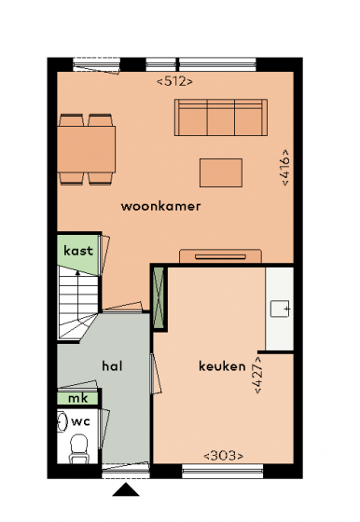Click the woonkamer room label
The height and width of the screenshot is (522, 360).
point(160,206)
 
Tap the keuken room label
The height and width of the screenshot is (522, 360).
point(222,366)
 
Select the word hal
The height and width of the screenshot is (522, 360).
point(112,366)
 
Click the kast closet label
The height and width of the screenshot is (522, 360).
point(78,251)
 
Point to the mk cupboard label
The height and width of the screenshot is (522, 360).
point(78,398)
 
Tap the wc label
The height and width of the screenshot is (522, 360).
point(80,421)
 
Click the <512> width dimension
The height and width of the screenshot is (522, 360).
point(174,81)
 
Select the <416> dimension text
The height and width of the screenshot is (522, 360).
point(285,168)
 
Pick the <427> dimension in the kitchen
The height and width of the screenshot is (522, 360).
point(258,375)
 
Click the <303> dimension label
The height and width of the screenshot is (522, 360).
point(223,456)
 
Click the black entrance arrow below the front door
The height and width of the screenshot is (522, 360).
point(126,489)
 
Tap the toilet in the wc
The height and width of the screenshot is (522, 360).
point(79,448)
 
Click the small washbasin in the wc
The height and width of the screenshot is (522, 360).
point(62,421)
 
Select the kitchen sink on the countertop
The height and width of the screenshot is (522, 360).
point(280,309)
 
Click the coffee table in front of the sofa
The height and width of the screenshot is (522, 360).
point(221,172)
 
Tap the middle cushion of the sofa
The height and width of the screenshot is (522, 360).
point(221,117)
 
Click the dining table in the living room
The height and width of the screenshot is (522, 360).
point(87,149)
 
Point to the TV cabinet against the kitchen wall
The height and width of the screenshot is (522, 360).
point(220,256)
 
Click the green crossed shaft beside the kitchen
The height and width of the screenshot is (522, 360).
point(159,298)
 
